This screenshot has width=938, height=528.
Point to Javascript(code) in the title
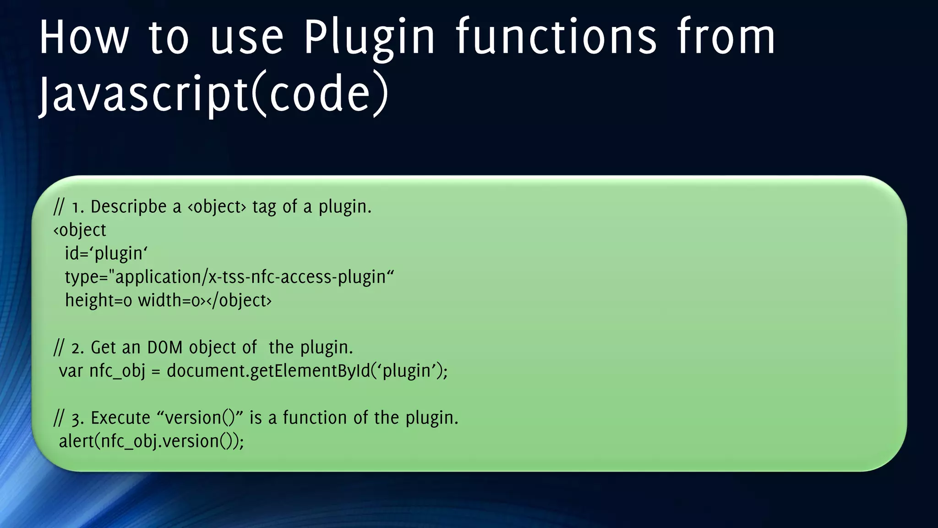point(213,94)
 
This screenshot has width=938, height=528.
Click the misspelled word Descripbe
point(129,207)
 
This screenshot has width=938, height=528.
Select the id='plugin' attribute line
point(106,253)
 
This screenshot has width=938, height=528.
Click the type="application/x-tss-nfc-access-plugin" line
point(229,277)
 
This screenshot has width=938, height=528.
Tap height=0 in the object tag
point(98,300)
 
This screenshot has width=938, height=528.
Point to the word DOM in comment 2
point(165,347)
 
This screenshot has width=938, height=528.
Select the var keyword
point(71,371)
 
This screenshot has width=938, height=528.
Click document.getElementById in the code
point(268,371)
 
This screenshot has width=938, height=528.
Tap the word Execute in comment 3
point(120,418)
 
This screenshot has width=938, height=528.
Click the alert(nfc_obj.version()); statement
point(151,441)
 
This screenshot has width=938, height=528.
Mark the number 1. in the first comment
point(78,207)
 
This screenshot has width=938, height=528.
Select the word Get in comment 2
point(103,347)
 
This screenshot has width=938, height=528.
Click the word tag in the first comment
point(264,207)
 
